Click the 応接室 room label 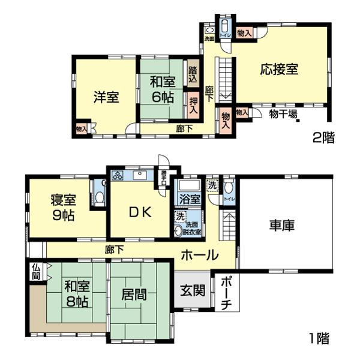(x=279, y=68)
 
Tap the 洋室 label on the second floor (x=106, y=98)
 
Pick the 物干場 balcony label (x=283, y=114)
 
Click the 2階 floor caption (x=323, y=137)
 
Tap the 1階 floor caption (x=320, y=338)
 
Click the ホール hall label (x=199, y=255)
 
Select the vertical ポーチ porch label (x=226, y=293)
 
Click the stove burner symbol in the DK (x=117, y=176)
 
